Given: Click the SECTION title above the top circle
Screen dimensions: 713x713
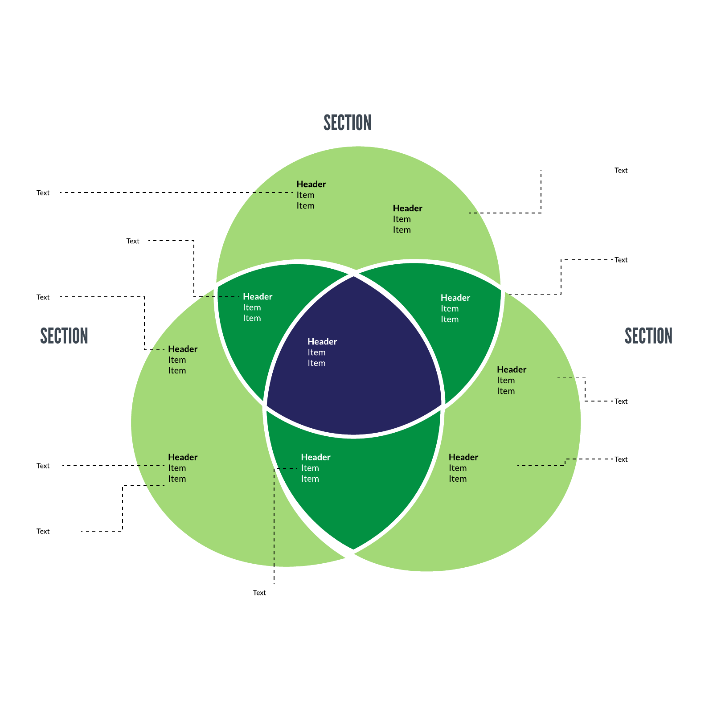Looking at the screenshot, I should [347, 123].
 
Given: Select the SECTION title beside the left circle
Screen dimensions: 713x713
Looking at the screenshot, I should [64, 336].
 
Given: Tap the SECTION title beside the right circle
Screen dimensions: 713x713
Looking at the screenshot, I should [648, 336].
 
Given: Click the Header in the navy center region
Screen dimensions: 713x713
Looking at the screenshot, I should [322, 341].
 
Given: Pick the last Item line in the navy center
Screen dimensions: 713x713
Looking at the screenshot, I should [316, 363].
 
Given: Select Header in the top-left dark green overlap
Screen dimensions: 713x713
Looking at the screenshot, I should [258, 296].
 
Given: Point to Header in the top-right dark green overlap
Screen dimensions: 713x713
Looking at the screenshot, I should [455, 298].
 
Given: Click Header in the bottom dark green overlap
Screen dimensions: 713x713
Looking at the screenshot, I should [316, 457].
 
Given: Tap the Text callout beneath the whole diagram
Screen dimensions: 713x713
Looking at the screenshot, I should [259, 593].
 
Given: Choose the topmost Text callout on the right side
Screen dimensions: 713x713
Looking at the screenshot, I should [621, 170].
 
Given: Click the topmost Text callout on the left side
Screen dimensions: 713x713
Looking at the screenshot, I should [43, 193].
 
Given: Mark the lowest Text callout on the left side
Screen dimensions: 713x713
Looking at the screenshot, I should [43, 531].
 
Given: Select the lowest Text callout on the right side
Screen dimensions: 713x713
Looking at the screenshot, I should [621, 459].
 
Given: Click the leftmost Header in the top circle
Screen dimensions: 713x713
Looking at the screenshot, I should [311, 184].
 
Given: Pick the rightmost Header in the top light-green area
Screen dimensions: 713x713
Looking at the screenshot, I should [407, 208].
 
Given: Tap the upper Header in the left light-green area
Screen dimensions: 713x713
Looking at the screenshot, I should [183, 349].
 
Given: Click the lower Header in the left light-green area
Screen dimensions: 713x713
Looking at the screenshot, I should [183, 457].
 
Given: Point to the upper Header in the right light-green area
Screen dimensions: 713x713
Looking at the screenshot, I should [512, 369].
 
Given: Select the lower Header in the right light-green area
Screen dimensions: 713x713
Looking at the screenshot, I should [463, 457].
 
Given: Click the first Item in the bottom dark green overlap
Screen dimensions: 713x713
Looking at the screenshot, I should [310, 468].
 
